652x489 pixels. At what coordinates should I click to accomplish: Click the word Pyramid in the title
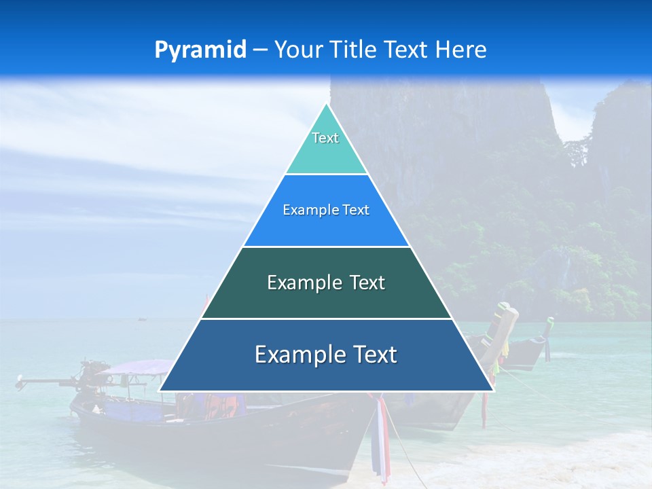[x=200, y=50]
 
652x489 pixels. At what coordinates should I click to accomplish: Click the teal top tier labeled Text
[x=325, y=147]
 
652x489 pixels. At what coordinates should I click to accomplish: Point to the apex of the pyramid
[x=326, y=105]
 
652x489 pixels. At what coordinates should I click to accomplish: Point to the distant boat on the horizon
[x=142, y=318]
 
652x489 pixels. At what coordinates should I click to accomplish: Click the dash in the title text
[x=259, y=50]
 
